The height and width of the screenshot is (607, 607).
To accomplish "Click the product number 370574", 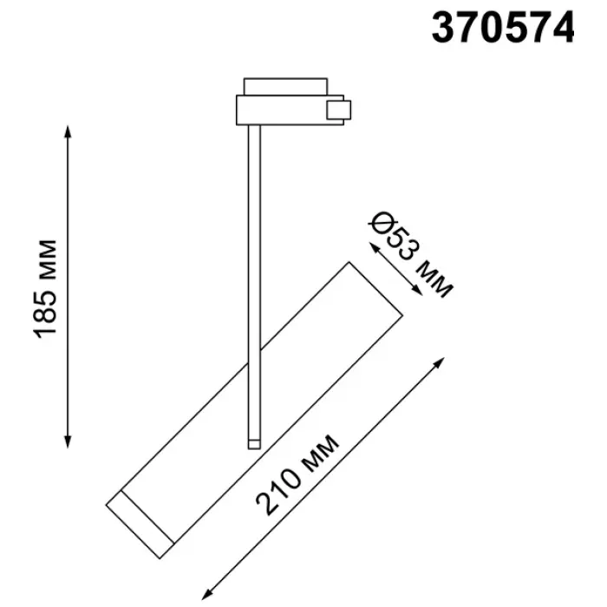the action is (503, 27).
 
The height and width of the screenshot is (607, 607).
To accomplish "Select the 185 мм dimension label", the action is (46, 289).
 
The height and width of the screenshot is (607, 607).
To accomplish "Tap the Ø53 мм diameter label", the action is (410, 255).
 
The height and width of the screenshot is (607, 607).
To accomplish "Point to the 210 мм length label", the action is (297, 475).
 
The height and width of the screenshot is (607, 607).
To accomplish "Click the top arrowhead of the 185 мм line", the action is (68, 131).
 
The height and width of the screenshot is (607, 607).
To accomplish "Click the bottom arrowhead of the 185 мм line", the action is (68, 442).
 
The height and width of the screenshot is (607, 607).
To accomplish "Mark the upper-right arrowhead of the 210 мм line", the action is (440, 362).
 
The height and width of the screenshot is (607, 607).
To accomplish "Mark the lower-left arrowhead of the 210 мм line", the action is (206, 595).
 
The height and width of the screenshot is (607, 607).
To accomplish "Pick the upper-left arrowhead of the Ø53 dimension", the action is (374, 246).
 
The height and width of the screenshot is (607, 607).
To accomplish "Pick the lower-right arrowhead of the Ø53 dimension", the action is (417, 290).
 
